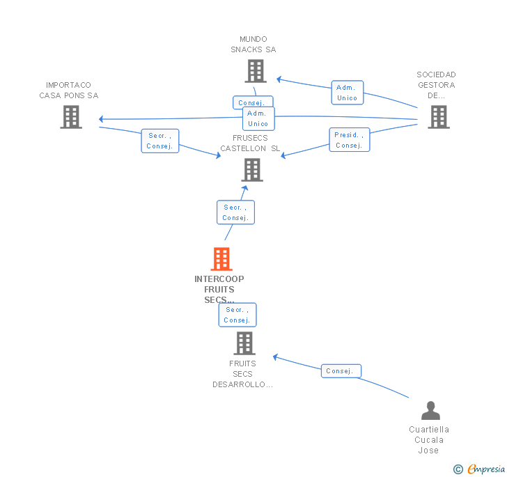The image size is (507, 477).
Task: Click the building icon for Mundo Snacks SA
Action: click(256, 70)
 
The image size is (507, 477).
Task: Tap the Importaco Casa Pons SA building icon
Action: click(70, 117)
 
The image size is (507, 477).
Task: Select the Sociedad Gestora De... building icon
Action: click(438, 117)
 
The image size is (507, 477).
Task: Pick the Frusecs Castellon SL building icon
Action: click(251, 169)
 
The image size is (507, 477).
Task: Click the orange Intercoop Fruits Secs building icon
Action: click(221, 259)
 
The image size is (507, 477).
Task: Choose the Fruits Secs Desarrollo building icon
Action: click(244, 343)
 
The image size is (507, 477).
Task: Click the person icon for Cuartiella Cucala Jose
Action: click(430, 411)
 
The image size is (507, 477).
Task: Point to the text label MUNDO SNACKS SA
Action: click(253, 45)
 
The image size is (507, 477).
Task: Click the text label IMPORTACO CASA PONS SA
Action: click(69, 91)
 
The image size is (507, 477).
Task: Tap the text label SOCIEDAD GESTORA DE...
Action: click(436, 85)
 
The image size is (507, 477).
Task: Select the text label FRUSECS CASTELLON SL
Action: click(250, 143)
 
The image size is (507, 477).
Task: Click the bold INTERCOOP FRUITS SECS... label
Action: click(219, 289)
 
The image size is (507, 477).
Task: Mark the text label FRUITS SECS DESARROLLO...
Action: click(242, 374)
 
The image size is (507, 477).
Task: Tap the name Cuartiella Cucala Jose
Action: click(429, 440)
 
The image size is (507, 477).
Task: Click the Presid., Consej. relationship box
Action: click(349, 140)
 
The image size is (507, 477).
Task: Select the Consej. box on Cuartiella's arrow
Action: click(341, 371)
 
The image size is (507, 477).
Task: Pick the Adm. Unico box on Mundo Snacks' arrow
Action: click(347, 93)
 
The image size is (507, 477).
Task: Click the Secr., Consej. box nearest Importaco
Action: click(160, 141)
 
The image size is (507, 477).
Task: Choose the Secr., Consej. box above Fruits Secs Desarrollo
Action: click(237, 315)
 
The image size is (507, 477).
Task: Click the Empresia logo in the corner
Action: click(480, 469)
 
